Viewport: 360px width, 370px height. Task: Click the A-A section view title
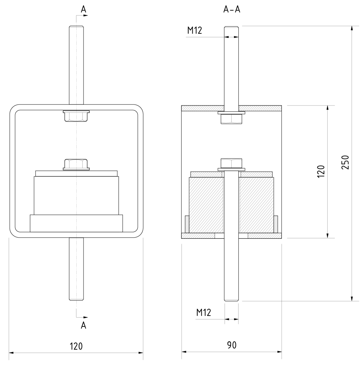[x=232, y=10]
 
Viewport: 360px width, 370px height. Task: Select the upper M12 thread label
[x=194, y=30]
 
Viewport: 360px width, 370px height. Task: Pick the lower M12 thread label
[x=204, y=312]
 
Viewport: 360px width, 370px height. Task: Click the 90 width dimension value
[x=232, y=345]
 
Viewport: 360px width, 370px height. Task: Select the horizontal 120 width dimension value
[x=76, y=346]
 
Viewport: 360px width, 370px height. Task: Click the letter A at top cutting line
[x=83, y=10]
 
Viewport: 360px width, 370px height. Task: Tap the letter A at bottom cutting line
[x=83, y=325]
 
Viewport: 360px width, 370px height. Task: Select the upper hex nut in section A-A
[x=231, y=119]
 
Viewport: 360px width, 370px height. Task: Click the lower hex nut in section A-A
[x=231, y=163]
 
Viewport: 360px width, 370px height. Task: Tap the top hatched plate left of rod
[x=203, y=108]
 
